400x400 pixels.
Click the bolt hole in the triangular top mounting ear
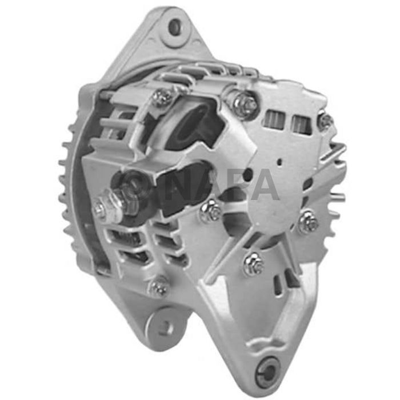click(174, 26)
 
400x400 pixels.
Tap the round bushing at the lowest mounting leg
click(267, 366)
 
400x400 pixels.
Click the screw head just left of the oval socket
click(161, 97)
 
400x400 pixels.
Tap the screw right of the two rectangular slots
click(326, 121)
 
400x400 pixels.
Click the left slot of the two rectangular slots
click(274, 119)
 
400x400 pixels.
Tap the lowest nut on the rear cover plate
click(253, 263)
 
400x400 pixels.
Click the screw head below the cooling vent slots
click(158, 287)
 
